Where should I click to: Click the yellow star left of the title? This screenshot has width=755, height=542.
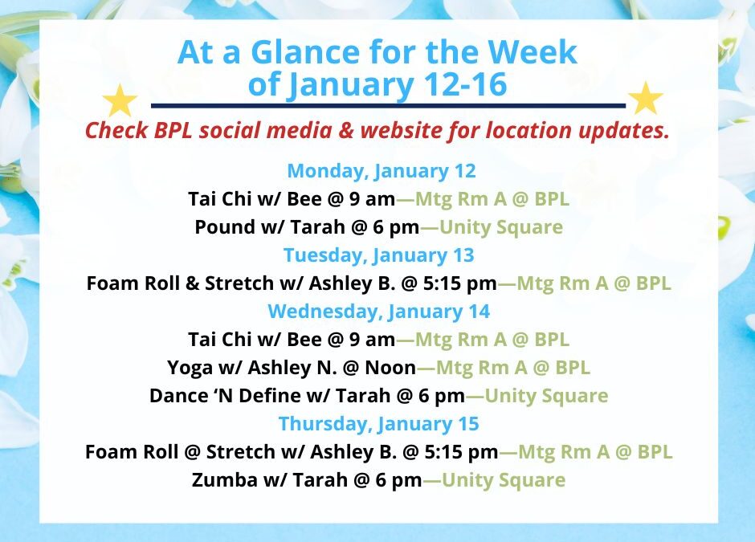point(120,101)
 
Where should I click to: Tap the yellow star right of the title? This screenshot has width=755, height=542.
point(645,99)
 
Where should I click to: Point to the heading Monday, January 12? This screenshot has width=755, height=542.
point(382,171)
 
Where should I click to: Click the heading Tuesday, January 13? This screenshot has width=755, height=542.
point(378,255)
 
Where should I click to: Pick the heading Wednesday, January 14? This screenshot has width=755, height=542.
point(378,312)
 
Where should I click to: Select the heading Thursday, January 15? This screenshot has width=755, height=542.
point(378,424)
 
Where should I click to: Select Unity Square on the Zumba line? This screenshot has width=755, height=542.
point(504,480)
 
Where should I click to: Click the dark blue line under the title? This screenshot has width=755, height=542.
point(387,105)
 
